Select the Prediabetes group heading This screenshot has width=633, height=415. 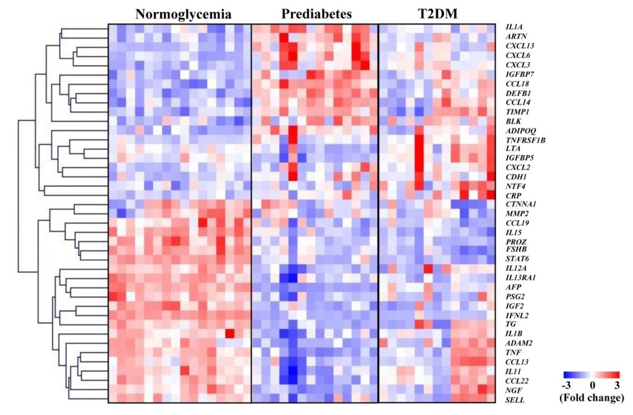tap(315, 14)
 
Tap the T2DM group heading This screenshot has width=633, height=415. tap(436, 14)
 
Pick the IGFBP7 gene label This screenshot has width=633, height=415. tap(520, 74)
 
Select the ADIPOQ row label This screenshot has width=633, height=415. tap(520, 130)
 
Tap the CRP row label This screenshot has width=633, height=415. tap(514, 195)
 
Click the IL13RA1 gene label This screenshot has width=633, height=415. tap(522, 277)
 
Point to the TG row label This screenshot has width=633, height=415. tap(511, 323)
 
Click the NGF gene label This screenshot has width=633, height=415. tap(514, 391)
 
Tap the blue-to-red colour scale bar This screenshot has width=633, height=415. tap(592, 375)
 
